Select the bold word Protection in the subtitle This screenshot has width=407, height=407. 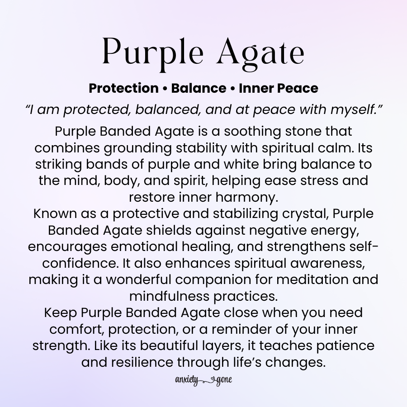[123, 88]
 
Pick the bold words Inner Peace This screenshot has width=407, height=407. [278, 88]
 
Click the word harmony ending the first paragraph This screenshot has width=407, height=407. [249, 197]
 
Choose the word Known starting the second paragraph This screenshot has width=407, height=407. [54, 213]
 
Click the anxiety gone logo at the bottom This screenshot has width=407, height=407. [203, 379]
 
